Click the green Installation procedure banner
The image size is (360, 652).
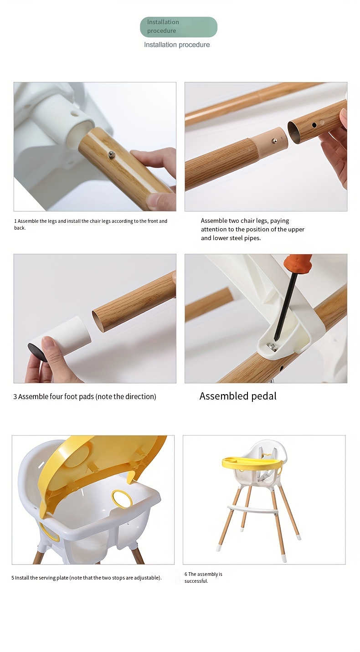click(178, 27)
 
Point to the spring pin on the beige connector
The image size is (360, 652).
click(274, 141)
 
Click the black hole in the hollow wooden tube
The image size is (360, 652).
click(314, 125)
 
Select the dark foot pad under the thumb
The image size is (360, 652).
click(37, 352)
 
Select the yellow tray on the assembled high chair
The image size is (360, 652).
click(251, 463)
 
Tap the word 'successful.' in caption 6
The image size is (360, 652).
click(196, 581)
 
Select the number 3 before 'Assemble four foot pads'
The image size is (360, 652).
click(15, 397)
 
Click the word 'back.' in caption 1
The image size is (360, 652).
click(20, 228)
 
